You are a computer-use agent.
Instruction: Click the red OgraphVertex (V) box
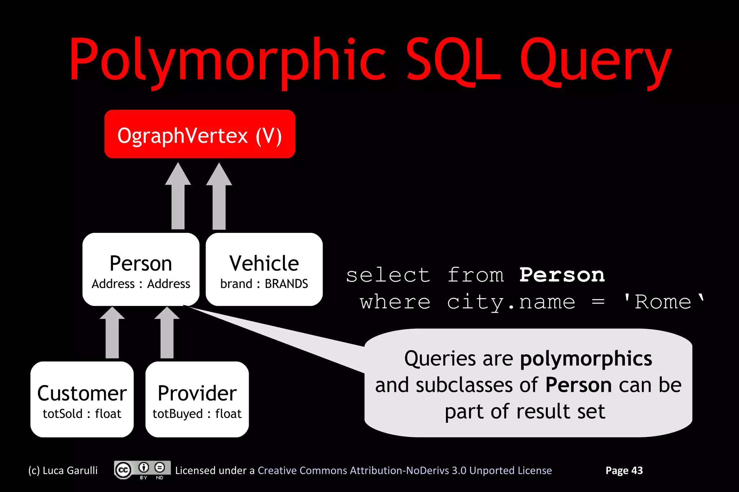coord(200,134)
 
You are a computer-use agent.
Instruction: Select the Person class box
coord(141,269)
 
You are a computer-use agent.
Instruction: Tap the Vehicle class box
coord(264,269)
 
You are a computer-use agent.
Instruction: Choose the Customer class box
coord(82,399)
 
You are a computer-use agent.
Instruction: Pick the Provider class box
coord(197,399)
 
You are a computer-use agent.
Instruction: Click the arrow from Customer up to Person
coord(112,333)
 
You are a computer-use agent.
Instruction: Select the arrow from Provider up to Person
coord(167,333)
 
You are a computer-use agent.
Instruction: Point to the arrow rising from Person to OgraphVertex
coord(178,196)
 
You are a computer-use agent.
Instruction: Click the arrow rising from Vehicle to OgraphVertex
coord(219,196)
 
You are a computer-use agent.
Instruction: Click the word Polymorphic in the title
coord(227,59)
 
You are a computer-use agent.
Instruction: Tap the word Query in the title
coord(595,59)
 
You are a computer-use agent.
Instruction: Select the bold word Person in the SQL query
coord(562,275)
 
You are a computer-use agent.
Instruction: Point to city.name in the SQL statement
coord(511,302)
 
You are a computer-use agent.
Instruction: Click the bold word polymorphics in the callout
coord(586,359)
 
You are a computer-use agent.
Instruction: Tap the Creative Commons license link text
coord(405,470)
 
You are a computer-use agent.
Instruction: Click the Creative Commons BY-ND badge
coord(142,470)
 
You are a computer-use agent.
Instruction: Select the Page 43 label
coord(624,470)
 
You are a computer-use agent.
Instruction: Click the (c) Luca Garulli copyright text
coord(63,470)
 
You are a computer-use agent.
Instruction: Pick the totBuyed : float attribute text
coord(197,414)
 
